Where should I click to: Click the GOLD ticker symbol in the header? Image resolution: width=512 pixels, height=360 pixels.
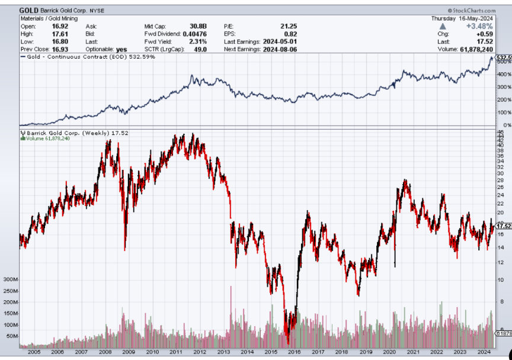[x=28, y=10]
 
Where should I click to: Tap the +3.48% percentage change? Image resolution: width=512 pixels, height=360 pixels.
[x=479, y=26]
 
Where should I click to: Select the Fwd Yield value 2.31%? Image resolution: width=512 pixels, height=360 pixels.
[x=197, y=41]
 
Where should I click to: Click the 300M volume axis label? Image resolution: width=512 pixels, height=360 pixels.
[x=11, y=279]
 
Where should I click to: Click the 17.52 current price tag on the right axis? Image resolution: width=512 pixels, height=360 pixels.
[x=504, y=226]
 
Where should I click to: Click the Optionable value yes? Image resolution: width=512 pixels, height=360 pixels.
[x=122, y=49]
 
